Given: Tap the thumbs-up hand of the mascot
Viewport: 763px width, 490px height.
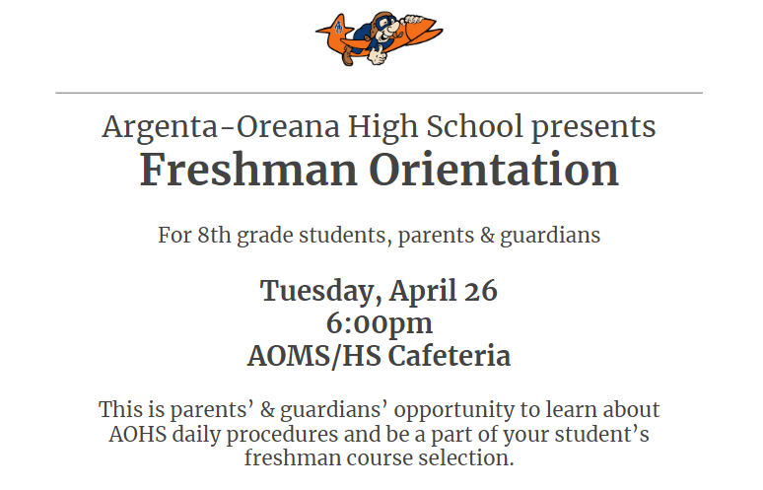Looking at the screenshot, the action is point(377,54).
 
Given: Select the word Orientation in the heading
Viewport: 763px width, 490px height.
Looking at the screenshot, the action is point(494,170).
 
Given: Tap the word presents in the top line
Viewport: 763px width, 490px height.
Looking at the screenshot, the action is point(593,128).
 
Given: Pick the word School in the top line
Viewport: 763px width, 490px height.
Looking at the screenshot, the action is point(474,126).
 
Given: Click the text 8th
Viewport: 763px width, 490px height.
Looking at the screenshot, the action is point(214,235).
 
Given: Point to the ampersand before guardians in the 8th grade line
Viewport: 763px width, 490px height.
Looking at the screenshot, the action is point(487,236).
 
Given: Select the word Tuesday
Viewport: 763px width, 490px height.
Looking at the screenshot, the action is point(317,292).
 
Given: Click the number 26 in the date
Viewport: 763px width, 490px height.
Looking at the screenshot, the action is point(480,291).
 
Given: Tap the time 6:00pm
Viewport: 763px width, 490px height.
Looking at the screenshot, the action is point(380,324).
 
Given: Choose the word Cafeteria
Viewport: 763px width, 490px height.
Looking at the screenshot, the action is point(450,356).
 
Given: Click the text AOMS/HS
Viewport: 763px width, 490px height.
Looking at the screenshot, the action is point(313,356).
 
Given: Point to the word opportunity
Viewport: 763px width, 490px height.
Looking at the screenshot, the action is point(453,410).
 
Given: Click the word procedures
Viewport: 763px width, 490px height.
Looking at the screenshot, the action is point(282,435).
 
